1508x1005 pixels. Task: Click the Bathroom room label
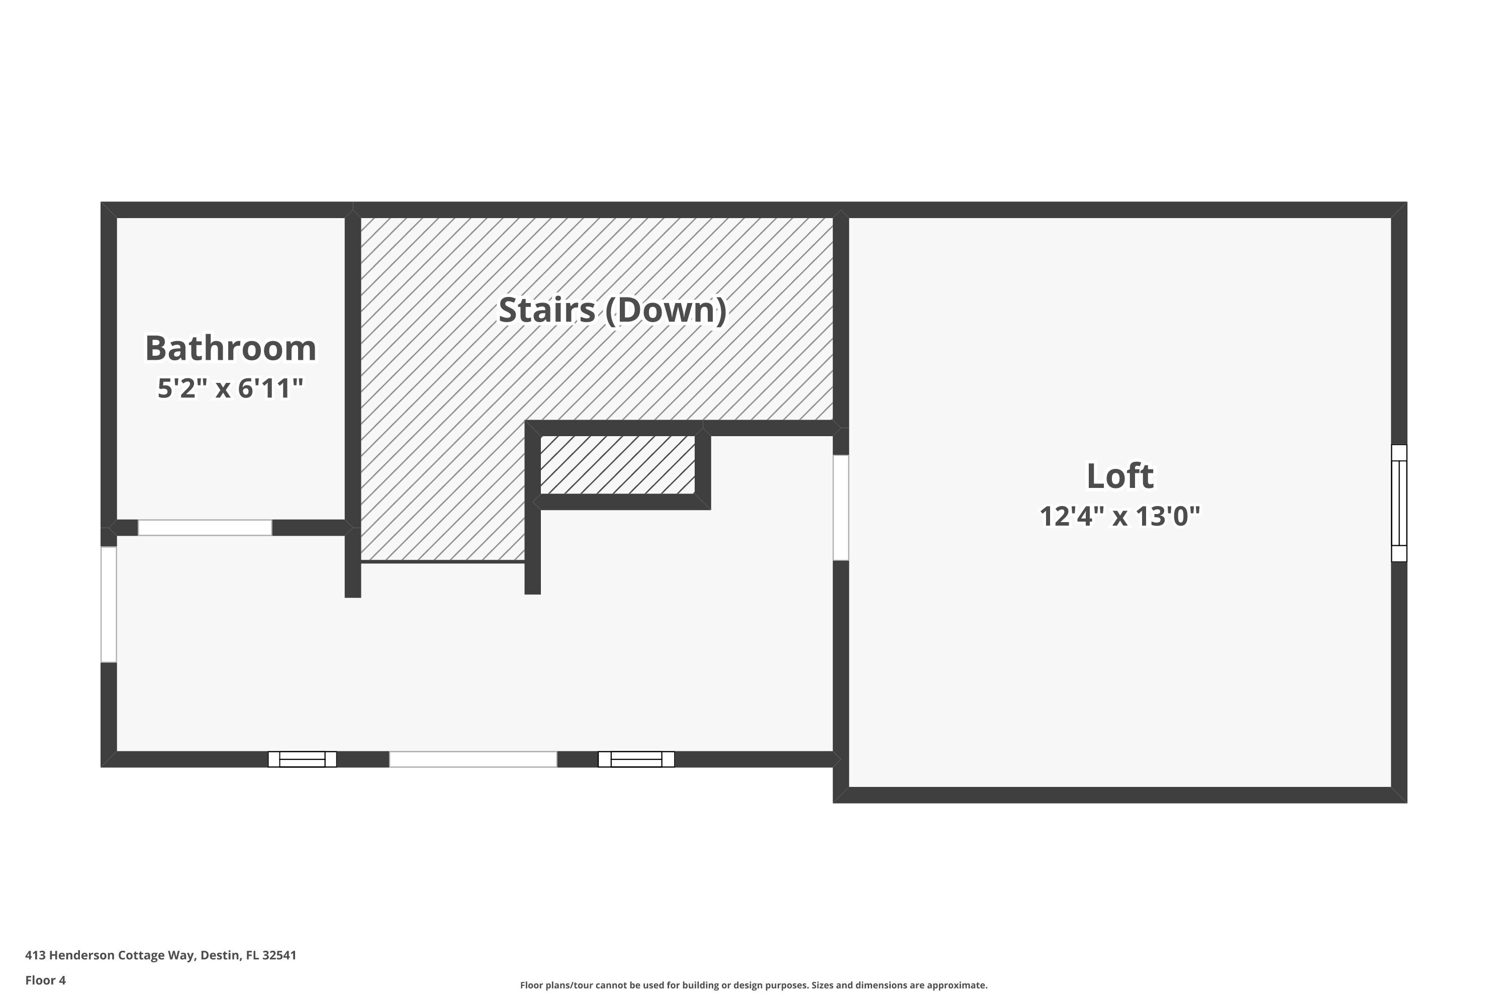coord(231,349)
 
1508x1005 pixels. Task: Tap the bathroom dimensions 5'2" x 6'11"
coord(230,388)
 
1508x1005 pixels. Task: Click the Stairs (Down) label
coord(612,310)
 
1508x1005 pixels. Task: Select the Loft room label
coord(1119,476)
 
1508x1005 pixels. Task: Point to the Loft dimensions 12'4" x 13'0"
coord(1119,517)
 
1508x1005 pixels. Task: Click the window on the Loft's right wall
coord(1398,503)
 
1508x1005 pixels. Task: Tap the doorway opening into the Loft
coord(840,508)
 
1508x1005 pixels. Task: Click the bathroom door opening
coord(205,528)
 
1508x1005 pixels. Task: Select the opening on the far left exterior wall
coord(109,605)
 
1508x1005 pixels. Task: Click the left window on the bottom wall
coord(302,759)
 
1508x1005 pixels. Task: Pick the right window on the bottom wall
coord(636,759)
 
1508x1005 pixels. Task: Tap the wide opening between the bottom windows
coord(473,759)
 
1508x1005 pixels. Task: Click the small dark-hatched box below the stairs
coord(617,465)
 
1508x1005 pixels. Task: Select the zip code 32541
coord(279,955)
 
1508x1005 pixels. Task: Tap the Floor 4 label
coord(46,980)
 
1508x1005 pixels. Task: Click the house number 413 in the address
coord(35,955)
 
